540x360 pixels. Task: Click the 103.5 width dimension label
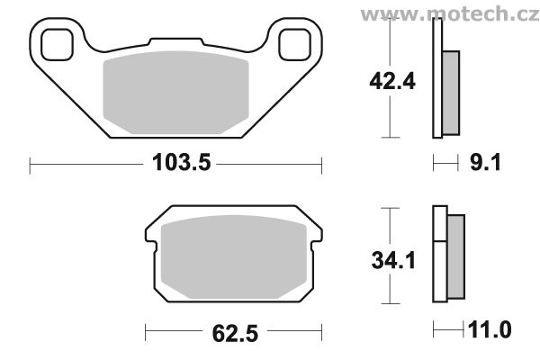point(181,163)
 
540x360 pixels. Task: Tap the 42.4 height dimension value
point(392,82)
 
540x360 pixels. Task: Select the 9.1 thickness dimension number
point(486,163)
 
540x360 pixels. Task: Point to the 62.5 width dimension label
point(235,334)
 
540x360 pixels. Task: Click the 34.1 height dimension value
point(393,260)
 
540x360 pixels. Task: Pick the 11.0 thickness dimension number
point(490,329)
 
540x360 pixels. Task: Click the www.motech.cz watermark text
point(450,14)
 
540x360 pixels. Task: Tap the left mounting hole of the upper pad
point(57,45)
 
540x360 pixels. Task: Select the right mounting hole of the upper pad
point(294,45)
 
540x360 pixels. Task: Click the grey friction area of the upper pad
point(176,93)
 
